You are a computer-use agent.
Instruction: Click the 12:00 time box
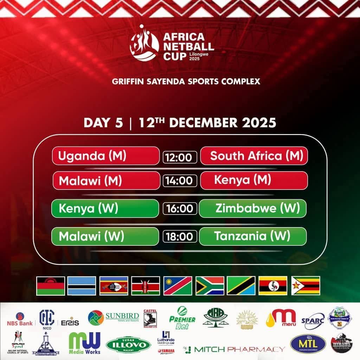(179, 157)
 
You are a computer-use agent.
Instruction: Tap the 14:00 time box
(179, 181)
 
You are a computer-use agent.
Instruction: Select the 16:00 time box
(179, 209)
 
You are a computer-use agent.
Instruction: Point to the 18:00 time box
(179, 236)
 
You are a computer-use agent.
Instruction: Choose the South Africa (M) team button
(254, 156)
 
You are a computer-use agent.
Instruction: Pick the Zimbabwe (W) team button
(252, 208)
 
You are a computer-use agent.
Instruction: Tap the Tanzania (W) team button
(252, 236)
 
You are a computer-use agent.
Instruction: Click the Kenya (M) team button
(254, 180)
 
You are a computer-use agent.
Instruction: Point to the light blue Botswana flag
(82, 285)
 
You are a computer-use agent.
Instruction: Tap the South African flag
(210, 285)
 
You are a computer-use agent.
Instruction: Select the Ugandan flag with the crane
(273, 285)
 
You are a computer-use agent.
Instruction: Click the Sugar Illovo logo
(128, 344)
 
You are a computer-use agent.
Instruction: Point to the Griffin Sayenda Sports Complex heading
(186, 82)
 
